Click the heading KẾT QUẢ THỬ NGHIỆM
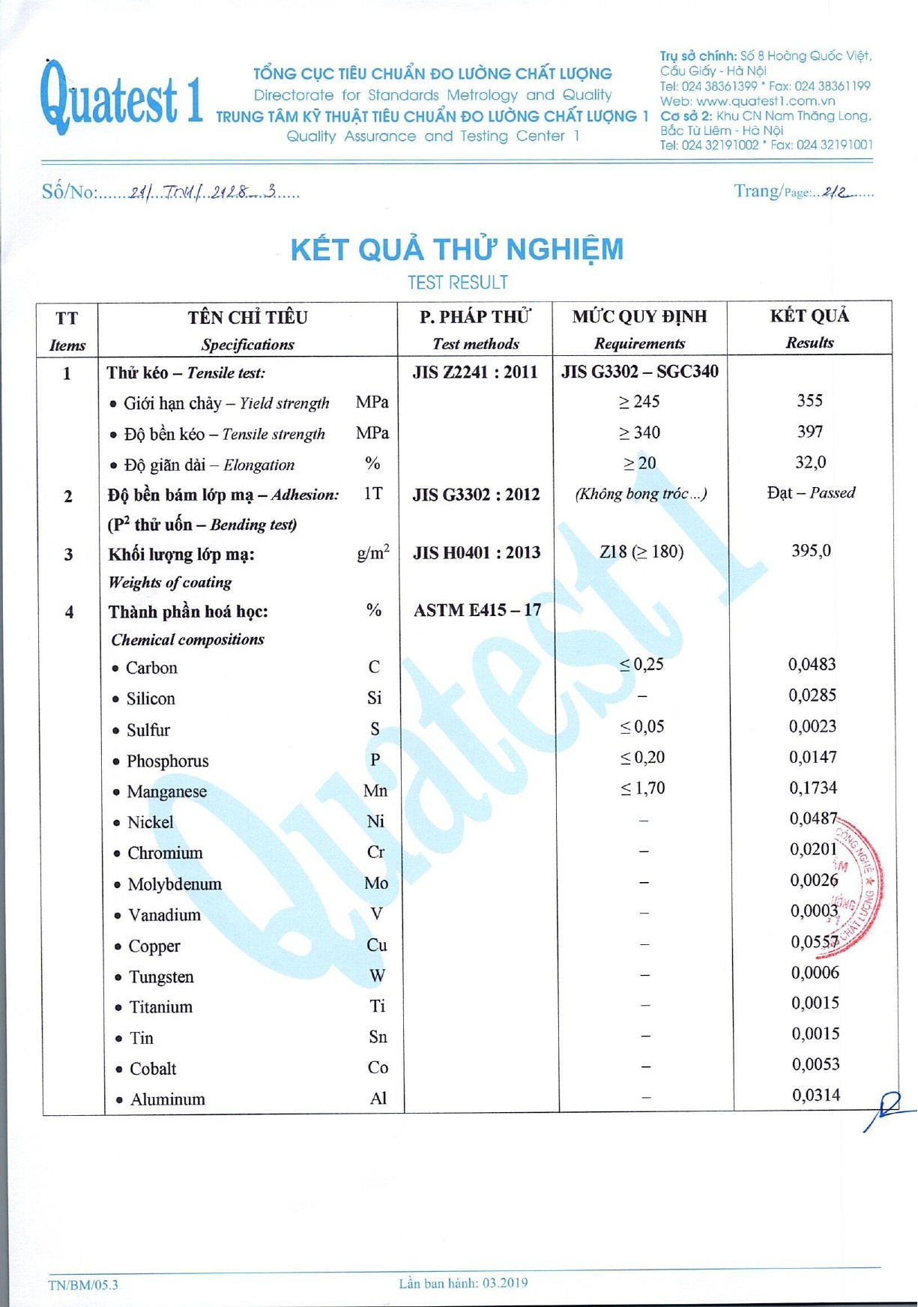[x=456, y=250]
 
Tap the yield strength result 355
[x=809, y=400]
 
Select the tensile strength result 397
[x=810, y=431]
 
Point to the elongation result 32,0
[x=810, y=462]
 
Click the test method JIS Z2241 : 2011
[x=475, y=372]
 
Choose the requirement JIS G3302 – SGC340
[x=640, y=371]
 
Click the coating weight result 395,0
[x=811, y=551]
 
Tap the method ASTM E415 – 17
[x=477, y=610]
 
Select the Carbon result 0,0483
[x=812, y=664]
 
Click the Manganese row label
[x=166, y=791]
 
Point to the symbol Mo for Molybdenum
[x=376, y=883]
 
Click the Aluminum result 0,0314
[x=816, y=1095]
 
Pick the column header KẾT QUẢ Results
[x=809, y=328]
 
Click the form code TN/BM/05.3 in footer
[x=83, y=1285]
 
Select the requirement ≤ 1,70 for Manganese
[x=642, y=788]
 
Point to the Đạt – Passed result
[x=811, y=492]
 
